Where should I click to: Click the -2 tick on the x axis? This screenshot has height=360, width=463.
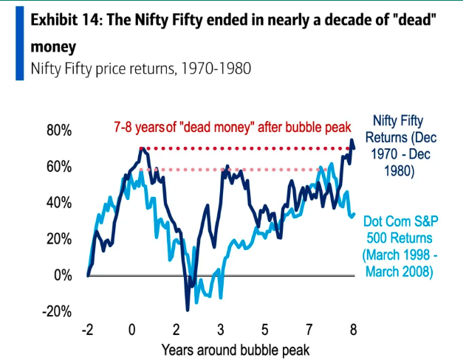pos(88,329)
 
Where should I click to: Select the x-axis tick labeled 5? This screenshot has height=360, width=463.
pos(264,329)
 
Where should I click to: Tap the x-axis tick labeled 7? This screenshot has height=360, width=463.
pos(309,329)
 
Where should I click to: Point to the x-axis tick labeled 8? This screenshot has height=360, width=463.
pos(353,329)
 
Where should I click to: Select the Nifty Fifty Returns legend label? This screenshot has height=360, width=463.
pos(403,146)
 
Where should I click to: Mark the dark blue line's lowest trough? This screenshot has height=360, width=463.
pos(188,308)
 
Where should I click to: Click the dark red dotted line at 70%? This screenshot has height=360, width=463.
pos(244,149)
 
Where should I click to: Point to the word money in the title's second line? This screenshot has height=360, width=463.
pos(53,47)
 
